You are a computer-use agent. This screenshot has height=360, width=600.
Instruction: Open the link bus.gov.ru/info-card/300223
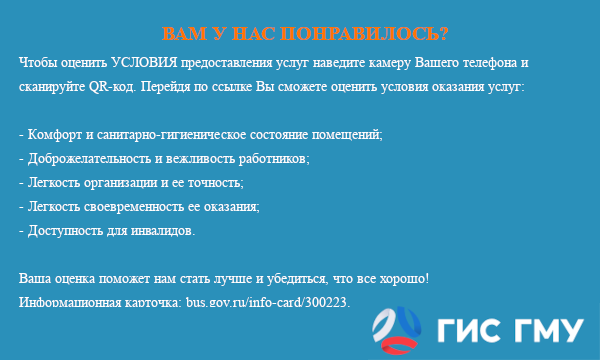tap(268, 301)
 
